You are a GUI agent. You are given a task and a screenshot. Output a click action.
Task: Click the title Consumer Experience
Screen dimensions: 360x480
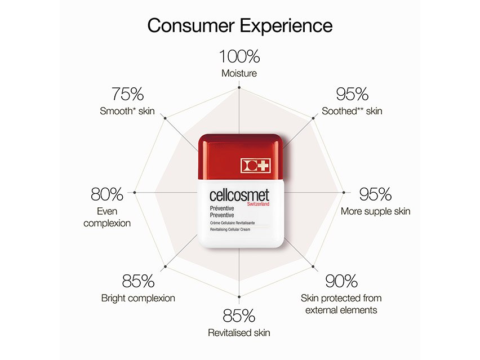coord(239,25)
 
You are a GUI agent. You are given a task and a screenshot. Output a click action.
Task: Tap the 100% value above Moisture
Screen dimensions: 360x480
coord(239,56)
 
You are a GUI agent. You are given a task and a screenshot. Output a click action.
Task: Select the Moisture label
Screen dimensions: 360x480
coord(239,73)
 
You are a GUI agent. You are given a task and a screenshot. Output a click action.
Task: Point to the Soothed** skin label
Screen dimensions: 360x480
coord(352,111)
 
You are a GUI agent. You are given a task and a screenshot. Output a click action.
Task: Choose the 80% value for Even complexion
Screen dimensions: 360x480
coord(107,194)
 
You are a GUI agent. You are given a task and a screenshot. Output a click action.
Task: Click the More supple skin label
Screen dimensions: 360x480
coord(375,211)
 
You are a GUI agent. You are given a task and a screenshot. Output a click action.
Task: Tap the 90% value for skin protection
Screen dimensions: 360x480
coord(341,281)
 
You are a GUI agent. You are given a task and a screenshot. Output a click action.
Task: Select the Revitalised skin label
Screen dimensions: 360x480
coord(239,332)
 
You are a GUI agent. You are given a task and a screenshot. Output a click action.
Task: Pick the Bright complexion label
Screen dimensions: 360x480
coord(138,298)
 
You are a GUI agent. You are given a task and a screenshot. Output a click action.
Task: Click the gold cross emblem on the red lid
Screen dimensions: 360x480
coord(256,165)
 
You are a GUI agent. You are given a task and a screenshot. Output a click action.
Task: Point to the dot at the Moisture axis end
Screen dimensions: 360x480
coord(239,87)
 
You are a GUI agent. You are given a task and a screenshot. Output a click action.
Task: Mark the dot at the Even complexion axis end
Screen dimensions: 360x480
coord(135,192)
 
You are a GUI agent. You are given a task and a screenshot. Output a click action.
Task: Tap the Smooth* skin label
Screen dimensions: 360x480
coord(127,111)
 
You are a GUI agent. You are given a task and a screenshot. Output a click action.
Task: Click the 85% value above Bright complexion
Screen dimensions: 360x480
coord(139,281)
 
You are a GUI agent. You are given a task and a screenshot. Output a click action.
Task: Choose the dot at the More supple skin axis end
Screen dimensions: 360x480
coord(344,192)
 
